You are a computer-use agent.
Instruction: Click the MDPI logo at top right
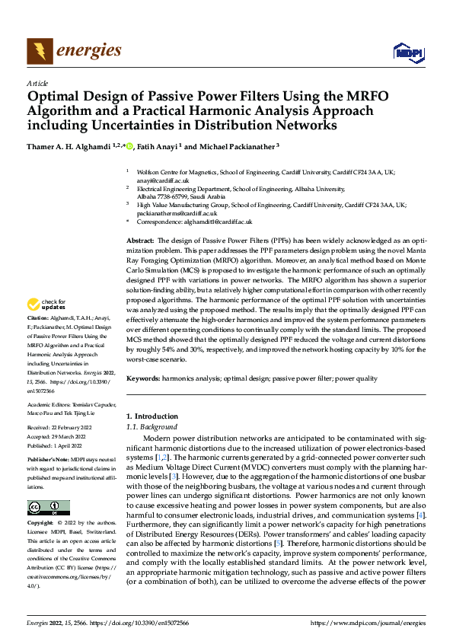407,52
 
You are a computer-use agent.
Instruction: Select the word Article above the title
37,83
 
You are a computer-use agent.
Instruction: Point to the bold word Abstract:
142,240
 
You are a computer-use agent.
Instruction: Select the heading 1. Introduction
152,416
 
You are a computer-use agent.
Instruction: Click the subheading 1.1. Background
149,426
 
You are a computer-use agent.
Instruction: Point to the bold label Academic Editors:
49,404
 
